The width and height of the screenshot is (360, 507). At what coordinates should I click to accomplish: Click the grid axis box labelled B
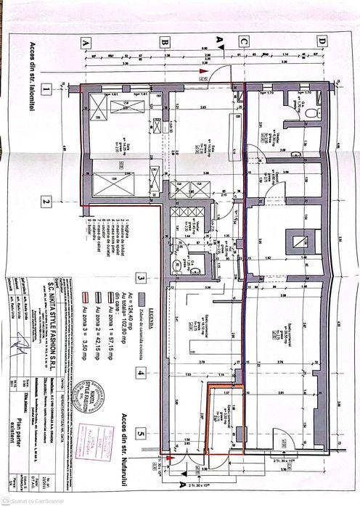[165, 43]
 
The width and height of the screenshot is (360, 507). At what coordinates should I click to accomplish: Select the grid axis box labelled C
[245, 43]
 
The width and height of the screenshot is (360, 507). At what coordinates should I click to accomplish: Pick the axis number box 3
[142, 276]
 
